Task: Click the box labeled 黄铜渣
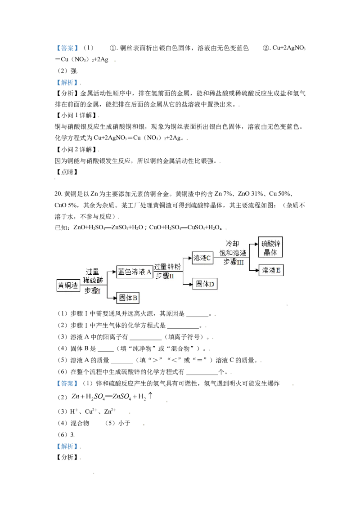pyautogui.click(x=68, y=285)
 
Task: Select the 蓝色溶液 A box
pyautogui.click(x=135, y=272)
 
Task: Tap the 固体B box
pyautogui.click(x=128, y=298)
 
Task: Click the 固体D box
pyautogui.click(x=205, y=284)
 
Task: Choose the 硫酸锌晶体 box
pyautogui.click(x=270, y=247)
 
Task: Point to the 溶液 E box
pyautogui.click(x=271, y=270)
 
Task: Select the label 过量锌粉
pyautogui.click(x=167, y=267)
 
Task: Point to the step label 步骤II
pyautogui.click(x=165, y=276)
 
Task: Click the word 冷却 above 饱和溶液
pyautogui.click(x=234, y=243)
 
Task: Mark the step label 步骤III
pyautogui.click(x=234, y=262)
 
